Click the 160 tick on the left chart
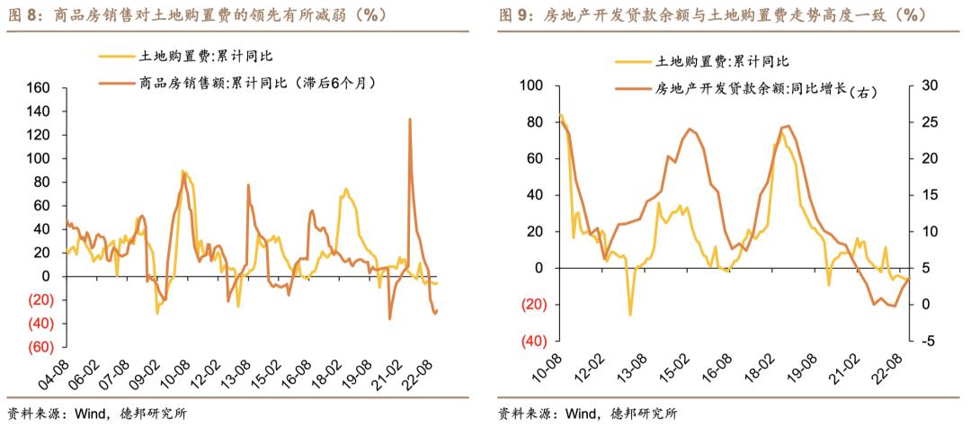40,88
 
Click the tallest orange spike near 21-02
410,120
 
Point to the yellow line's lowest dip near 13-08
630,315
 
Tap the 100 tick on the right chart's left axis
532,85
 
